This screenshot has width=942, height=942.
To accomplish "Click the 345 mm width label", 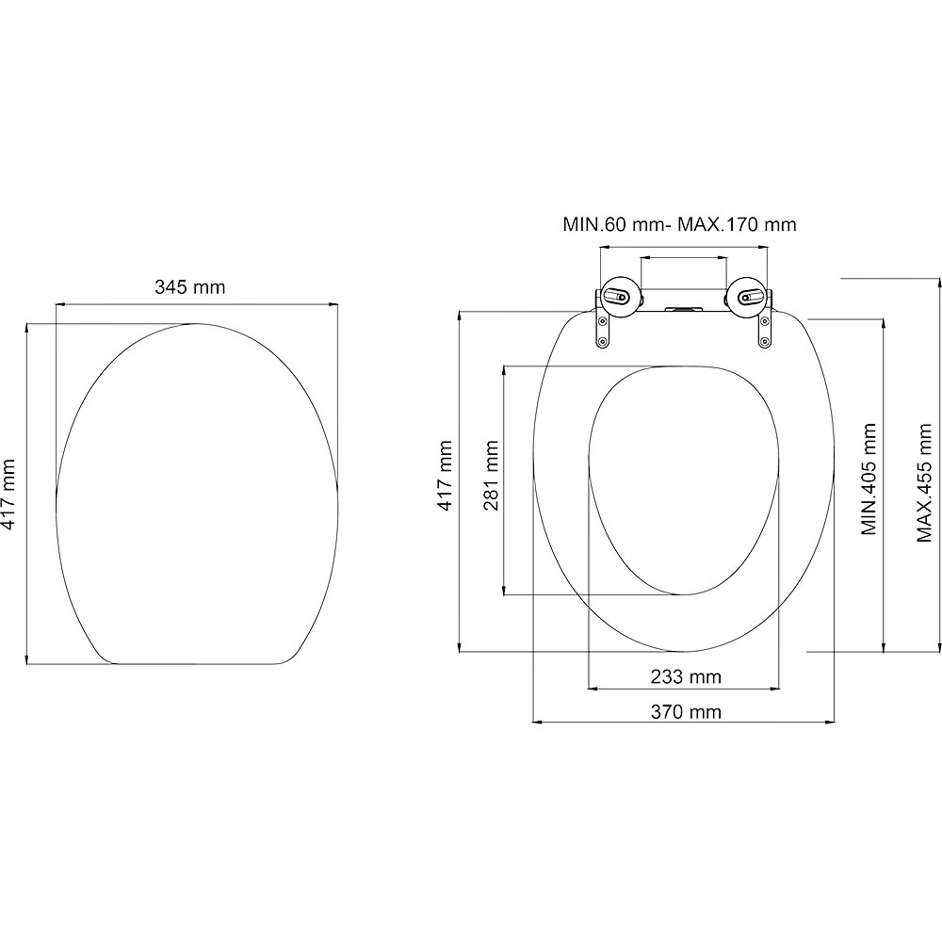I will click(x=189, y=287).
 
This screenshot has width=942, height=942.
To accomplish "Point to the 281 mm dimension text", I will click(x=491, y=476).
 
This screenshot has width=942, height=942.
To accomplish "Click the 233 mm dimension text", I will click(x=685, y=676).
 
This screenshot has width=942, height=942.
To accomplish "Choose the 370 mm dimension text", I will click(x=685, y=711).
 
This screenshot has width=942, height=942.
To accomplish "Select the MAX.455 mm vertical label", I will click(x=924, y=479).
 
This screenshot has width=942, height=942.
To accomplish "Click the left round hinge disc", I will click(x=620, y=298).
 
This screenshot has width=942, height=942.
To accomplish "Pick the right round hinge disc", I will click(x=746, y=298).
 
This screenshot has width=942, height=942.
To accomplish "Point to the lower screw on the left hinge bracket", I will click(x=603, y=342).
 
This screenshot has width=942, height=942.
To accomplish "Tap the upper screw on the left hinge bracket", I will click(x=603, y=322).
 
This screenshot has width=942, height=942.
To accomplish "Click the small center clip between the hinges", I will click(x=683, y=308).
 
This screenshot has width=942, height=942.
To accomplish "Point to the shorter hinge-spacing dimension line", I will click(x=683, y=256).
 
